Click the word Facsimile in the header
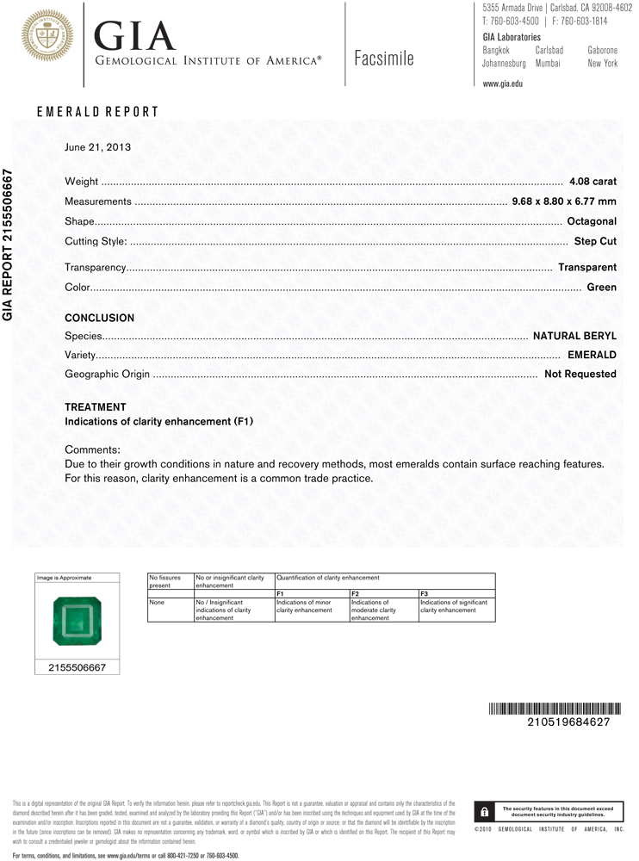(384, 59)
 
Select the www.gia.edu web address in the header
(503, 84)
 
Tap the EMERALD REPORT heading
(97, 112)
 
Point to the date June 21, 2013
(97, 147)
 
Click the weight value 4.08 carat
(592, 182)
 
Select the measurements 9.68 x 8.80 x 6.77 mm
(564, 201)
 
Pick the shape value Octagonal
(592, 221)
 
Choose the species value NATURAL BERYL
(574, 335)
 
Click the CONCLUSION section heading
(99, 318)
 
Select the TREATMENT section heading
(95, 407)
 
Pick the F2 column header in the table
(355, 593)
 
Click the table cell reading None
(156, 603)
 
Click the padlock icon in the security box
(486, 812)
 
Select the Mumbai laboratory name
(548, 64)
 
